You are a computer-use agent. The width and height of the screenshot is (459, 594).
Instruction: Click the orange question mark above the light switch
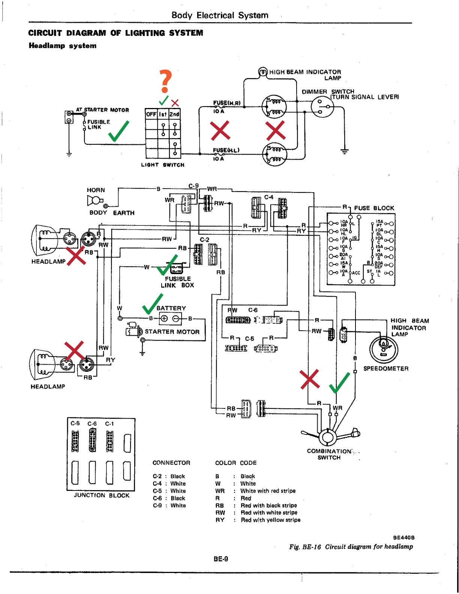[165, 81]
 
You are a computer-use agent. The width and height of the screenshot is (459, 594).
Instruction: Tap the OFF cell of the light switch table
[151, 114]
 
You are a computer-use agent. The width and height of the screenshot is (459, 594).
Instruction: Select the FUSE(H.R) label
[226, 103]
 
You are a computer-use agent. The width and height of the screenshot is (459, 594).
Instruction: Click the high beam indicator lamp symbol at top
[263, 72]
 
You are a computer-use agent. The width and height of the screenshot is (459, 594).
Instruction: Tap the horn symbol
[94, 201]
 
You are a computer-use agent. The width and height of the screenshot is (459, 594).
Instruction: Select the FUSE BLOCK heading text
[374, 208]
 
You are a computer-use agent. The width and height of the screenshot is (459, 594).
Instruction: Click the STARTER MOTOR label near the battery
[172, 331]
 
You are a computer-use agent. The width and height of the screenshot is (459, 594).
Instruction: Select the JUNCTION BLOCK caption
[102, 495]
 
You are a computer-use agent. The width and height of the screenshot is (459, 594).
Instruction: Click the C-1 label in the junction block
[109, 424]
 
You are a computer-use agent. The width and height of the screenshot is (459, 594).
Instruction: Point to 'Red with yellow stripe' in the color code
[270, 520]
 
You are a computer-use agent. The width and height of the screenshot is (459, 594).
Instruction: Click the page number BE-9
[221, 559]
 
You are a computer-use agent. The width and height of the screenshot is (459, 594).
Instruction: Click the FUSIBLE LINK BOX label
[177, 282]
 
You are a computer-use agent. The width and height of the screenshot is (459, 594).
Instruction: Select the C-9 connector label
[193, 186]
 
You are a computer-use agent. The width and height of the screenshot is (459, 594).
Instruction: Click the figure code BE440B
[403, 537]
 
